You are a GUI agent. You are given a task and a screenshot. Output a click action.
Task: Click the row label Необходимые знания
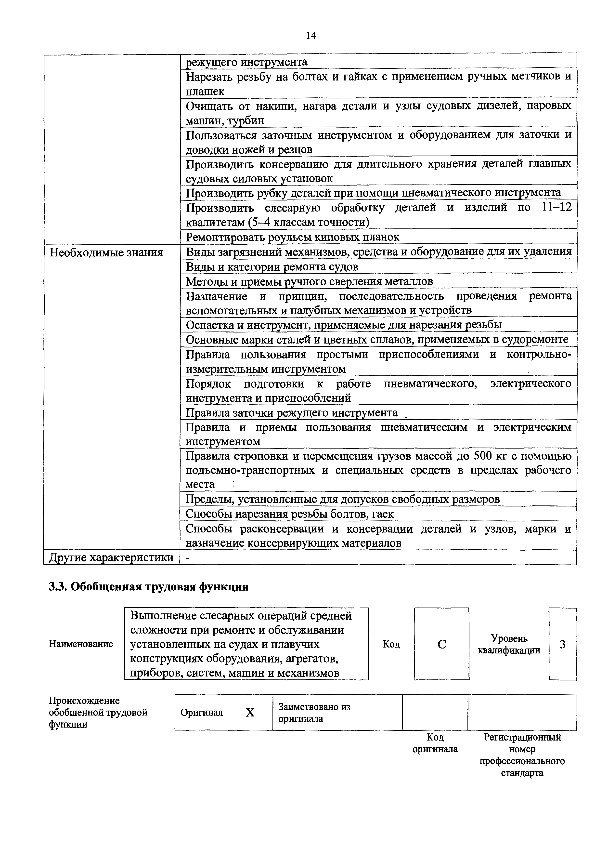(106, 252)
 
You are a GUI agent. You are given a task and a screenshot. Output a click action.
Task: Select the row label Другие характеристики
(111, 558)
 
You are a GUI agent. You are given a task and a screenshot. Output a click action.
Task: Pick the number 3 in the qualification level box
(562, 644)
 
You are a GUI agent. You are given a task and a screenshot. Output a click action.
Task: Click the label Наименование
(81, 644)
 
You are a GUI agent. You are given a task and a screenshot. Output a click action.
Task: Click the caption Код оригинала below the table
(435, 743)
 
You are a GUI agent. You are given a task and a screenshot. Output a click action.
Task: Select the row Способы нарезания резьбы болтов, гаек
(289, 514)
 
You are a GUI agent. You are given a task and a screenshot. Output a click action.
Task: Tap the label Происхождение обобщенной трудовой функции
(98, 713)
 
